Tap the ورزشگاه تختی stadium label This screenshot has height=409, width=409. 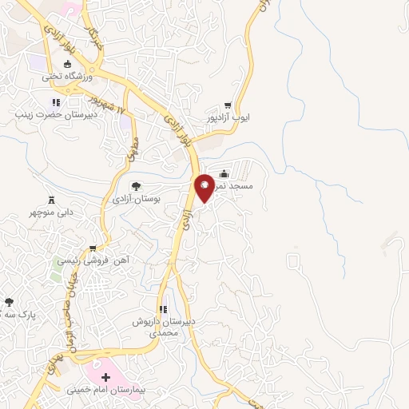pos(69,77)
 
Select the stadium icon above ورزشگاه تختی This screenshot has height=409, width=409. pos(68,64)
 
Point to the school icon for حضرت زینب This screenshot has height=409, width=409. pos(56,102)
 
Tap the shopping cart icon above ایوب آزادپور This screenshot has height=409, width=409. pos(228,105)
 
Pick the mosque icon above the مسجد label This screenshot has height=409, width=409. pos(224,173)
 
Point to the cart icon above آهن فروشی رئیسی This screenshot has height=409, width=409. pos(93,248)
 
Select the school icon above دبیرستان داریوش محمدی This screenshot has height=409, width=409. pos(164,309)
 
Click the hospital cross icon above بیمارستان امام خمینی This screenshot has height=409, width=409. pos(105,375)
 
